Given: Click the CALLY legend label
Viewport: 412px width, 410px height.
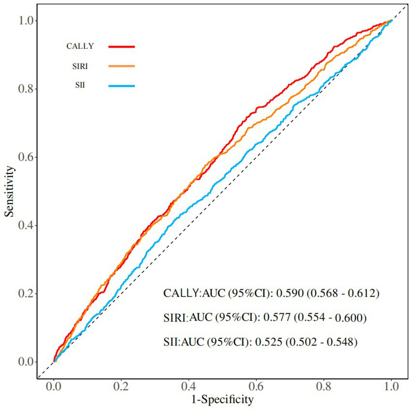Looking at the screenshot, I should [x=80, y=46].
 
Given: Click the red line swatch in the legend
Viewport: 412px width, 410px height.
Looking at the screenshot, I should [x=122, y=46].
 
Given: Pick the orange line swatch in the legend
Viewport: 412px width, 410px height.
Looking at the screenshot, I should [x=122, y=66].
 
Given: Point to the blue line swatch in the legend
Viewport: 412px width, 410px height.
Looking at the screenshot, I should [x=122, y=86].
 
